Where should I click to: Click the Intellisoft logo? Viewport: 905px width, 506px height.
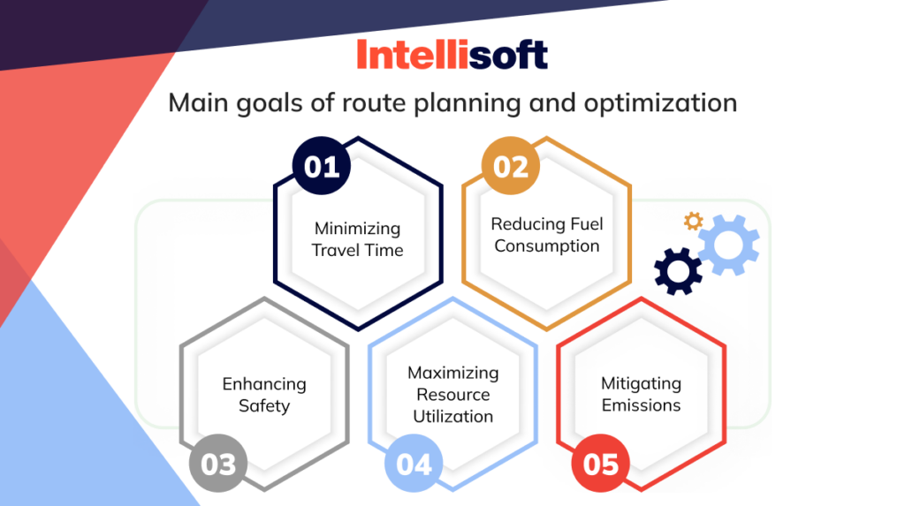(x=452, y=55)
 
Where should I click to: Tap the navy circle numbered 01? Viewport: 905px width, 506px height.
(x=322, y=166)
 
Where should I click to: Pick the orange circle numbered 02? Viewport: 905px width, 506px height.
(x=510, y=166)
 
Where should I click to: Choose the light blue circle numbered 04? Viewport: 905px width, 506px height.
(x=414, y=464)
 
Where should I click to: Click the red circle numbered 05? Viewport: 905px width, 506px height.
(x=602, y=464)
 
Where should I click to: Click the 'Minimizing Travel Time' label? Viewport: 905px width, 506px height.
(x=358, y=239)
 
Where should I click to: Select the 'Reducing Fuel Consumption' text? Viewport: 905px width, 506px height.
(x=546, y=235)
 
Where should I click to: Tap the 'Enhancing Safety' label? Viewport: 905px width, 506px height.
(x=263, y=395)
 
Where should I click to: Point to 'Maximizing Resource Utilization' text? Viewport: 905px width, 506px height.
(x=452, y=394)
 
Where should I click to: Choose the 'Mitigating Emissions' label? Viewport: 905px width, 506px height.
(x=641, y=395)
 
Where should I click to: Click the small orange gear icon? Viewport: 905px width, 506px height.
(x=694, y=222)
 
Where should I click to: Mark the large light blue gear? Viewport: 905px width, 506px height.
(x=729, y=244)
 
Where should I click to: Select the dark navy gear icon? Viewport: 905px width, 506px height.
(x=678, y=271)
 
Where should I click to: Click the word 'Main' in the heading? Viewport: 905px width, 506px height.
(x=196, y=103)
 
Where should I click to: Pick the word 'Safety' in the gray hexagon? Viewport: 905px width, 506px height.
(x=263, y=406)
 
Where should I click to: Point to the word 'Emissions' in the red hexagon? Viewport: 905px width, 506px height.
(x=641, y=406)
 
